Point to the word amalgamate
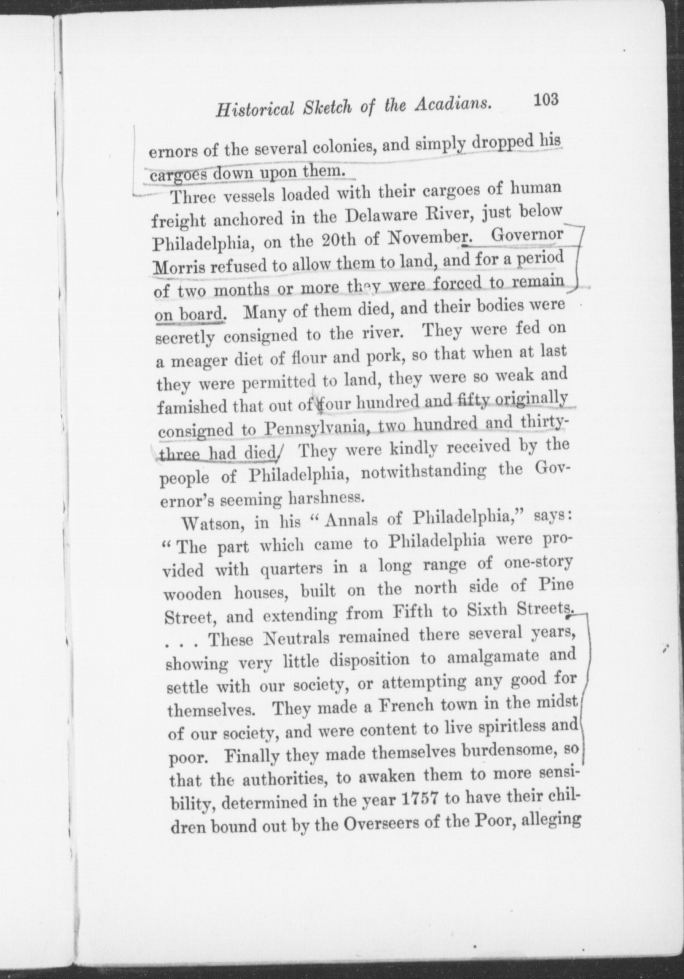point(489,658)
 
